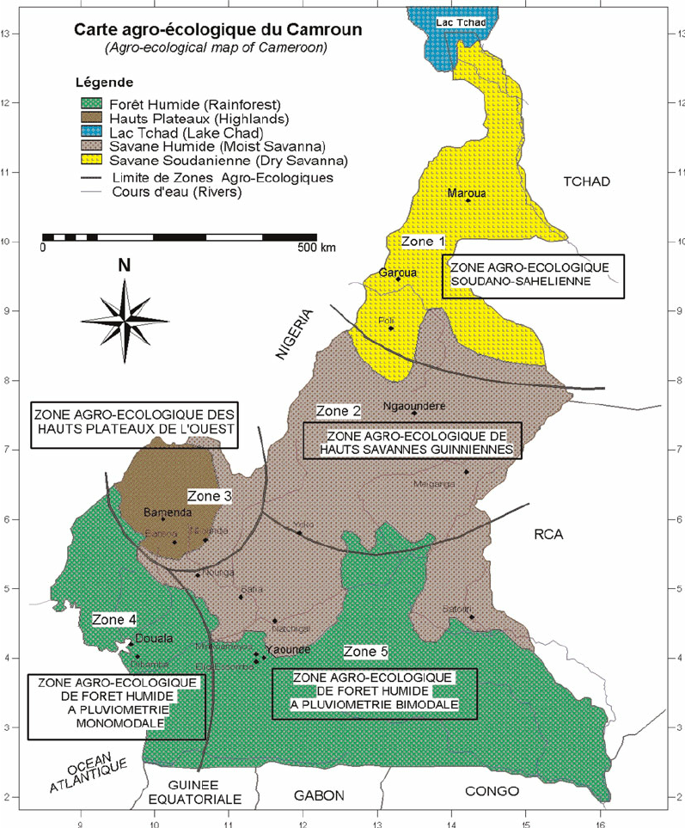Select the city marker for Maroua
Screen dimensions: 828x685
(x=468, y=201)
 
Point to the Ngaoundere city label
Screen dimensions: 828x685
(x=413, y=405)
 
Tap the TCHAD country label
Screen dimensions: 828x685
(x=586, y=181)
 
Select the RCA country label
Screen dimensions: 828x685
(x=547, y=534)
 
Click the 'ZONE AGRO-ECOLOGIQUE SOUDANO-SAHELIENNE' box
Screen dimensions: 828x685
(x=532, y=276)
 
